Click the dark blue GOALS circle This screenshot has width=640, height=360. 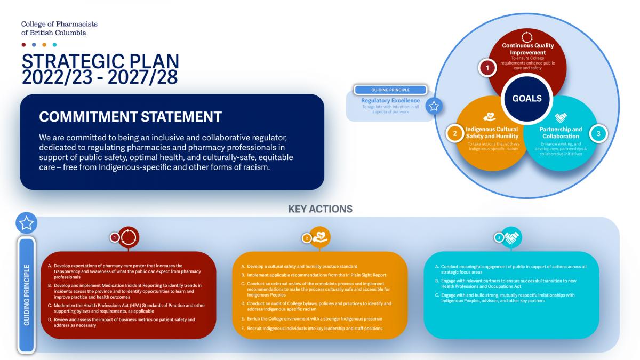[x=527, y=99]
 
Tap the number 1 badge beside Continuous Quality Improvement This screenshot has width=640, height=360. [x=487, y=68]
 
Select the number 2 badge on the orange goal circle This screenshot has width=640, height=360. [x=454, y=133]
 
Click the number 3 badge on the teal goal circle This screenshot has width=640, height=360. [x=598, y=133]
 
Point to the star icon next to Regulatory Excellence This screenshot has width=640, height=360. [x=434, y=106]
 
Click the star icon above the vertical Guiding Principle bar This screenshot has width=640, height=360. [x=26, y=223]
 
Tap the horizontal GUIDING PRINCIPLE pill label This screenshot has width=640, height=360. [x=390, y=90]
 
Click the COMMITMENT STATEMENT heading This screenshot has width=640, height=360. [x=130, y=117]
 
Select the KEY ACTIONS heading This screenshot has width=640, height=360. [x=321, y=209]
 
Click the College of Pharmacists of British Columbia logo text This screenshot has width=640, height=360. [x=59, y=28]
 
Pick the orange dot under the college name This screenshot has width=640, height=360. [x=44, y=45]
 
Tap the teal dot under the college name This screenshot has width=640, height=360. [x=54, y=45]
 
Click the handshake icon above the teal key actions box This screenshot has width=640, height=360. [x=511, y=237]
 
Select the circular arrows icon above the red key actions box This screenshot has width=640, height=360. [x=129, y=237]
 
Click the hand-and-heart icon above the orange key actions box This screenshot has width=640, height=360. [x=319, y=237]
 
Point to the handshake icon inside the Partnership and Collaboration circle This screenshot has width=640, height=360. [x=561, y=117]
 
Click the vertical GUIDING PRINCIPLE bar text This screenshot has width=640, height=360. [x=27, y=295]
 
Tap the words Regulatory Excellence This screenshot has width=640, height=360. [x=390, y=101]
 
